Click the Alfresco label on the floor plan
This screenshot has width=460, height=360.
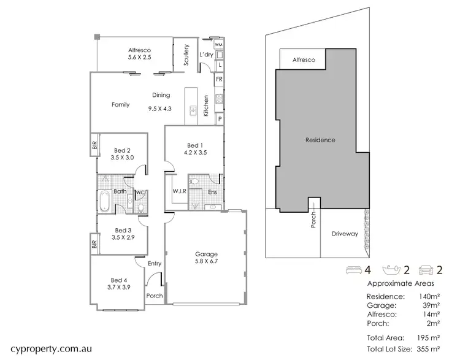coord(139,50)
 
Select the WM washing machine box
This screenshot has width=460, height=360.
coord(218,45)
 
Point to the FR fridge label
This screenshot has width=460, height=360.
coord(218,79)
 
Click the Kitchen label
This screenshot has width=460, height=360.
coord(206,106)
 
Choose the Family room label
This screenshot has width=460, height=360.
coord(120,104)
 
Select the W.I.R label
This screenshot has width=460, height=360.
coord(179,192)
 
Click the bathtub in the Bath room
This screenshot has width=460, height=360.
coord(104,201)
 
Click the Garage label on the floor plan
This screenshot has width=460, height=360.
coord(207,254)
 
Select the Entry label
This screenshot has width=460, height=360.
coord(155,264)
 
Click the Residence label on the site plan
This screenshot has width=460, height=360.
coord(320,140)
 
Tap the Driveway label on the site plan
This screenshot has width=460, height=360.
coord(344,234)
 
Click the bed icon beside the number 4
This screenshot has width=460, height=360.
coord(355,269)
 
